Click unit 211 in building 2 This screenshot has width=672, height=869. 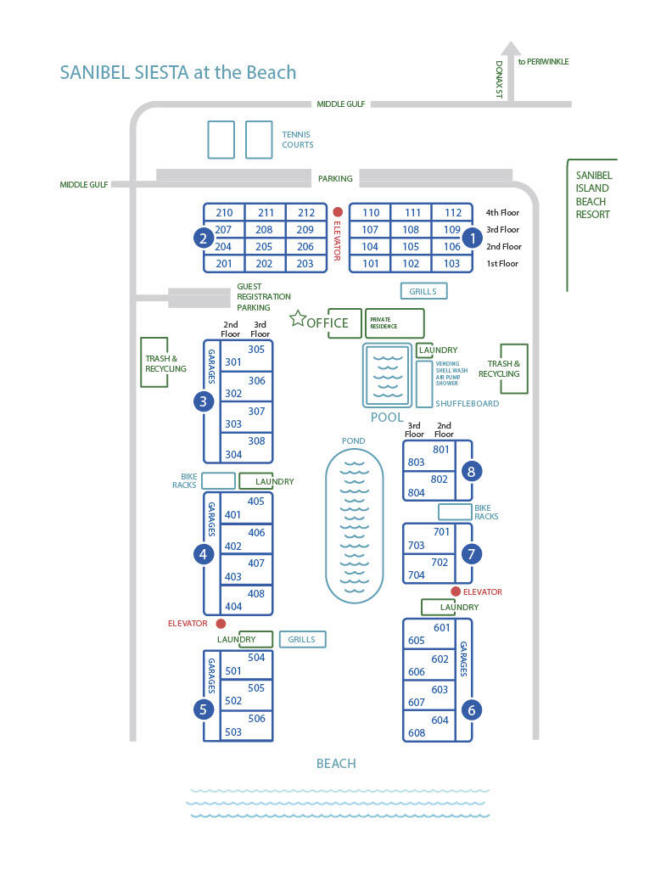point(266,213)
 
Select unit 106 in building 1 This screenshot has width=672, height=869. point(452,247)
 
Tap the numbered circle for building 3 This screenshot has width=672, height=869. point(204,401)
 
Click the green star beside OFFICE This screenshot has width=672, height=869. point(297,318)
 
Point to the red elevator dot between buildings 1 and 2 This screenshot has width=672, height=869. point(338,212)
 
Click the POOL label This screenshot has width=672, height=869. point(387,418)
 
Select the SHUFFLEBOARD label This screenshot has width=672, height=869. point(467,404)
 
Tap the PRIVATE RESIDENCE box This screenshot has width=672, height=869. point(394,323)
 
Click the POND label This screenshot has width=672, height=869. point(354,441)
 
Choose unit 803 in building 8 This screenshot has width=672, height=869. point(416,463)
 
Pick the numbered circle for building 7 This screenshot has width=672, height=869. point(472,553)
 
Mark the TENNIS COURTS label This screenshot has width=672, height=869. point(298,139)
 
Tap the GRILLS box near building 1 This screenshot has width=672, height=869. point(423,291)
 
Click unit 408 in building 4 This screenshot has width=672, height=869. point(256,594)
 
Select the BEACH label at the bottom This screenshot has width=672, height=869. point(336,764)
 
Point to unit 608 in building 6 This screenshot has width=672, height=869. point(416,733)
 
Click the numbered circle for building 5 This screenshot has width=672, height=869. point(204,709)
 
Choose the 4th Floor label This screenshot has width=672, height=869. point(502,213)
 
